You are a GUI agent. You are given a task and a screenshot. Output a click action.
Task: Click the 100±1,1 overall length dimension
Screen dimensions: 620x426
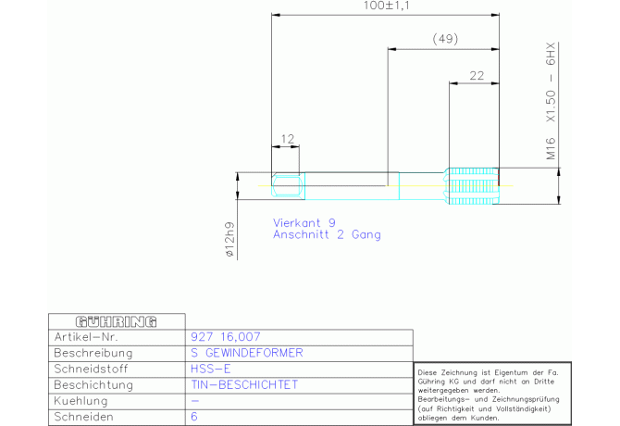click(386, 6)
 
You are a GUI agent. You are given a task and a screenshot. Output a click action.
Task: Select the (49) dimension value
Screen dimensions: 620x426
click(445, 39)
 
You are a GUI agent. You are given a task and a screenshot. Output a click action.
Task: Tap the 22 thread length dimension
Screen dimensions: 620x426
click(477, 76)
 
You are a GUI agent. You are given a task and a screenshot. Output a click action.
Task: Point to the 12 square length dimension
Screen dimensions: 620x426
click(288, 139)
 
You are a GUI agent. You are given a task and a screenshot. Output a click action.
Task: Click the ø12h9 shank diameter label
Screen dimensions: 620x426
click(229, 239)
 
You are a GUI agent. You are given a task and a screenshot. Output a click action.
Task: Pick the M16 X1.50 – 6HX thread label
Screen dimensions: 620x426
click(551, 101)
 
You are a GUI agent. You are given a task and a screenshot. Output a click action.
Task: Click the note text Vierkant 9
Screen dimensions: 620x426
click(304, 222)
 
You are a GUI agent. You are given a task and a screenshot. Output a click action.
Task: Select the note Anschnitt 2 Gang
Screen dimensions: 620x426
click(327, 234)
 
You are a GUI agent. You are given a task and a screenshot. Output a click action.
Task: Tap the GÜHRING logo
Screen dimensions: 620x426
click(117, 321)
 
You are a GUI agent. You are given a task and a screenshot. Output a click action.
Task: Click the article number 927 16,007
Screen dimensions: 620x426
click(226, 336)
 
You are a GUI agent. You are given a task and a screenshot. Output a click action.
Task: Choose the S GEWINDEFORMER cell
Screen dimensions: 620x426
click(247, 353)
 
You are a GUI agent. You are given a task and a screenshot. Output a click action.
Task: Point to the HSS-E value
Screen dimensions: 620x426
click(210, 369)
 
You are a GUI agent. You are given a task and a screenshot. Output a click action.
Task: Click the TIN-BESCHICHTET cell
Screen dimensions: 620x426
click(244, 384)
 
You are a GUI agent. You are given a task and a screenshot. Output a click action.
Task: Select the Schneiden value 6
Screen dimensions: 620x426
click(194, 417)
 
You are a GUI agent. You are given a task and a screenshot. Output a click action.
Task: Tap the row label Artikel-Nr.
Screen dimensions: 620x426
click(86, 337)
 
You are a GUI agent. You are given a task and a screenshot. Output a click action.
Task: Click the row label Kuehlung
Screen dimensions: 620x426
click(81, 401)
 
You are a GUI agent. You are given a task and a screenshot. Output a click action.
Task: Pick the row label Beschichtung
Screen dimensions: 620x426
click(93, 385)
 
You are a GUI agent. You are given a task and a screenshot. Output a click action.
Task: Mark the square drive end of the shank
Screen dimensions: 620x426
click(288, 186)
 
